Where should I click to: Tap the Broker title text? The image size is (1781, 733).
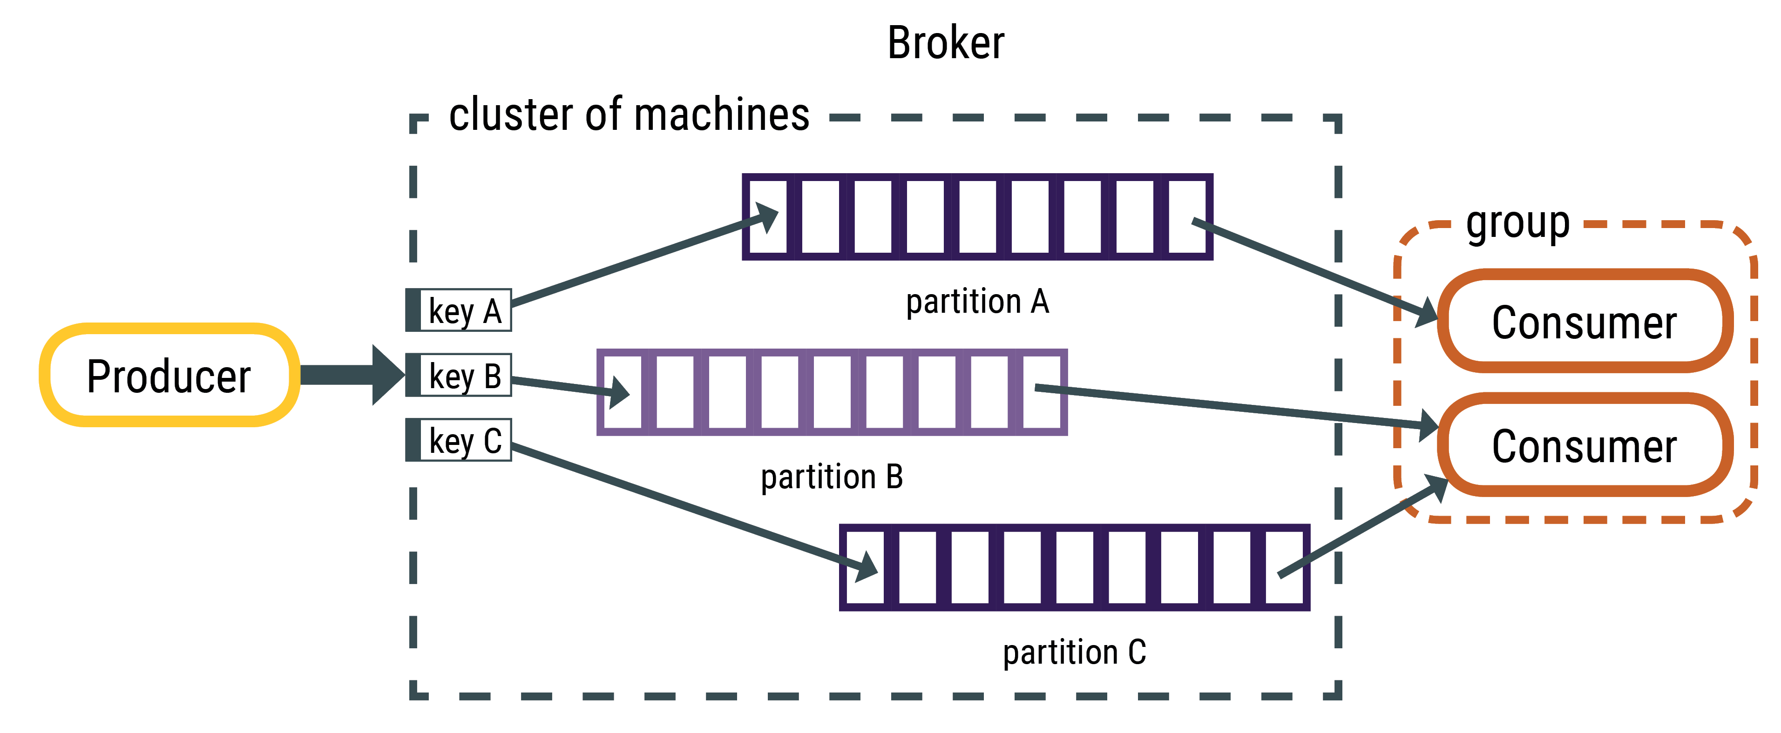coord(945,43)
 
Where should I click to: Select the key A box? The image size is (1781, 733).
coord(458,311)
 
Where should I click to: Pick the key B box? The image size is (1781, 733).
coord(458,375)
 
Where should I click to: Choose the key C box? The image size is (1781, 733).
coord(458,440)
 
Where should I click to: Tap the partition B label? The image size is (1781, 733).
coord(832,477)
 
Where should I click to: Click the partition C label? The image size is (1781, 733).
coord(1074,652)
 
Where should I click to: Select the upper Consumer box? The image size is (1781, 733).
coord(1584,321)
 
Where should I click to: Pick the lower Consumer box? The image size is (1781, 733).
coord(1584,445)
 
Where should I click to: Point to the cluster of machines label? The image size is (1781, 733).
coord(629,114)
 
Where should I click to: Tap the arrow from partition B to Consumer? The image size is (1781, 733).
coord(1231,406)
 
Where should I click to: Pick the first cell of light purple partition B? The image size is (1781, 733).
coord(622,392)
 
